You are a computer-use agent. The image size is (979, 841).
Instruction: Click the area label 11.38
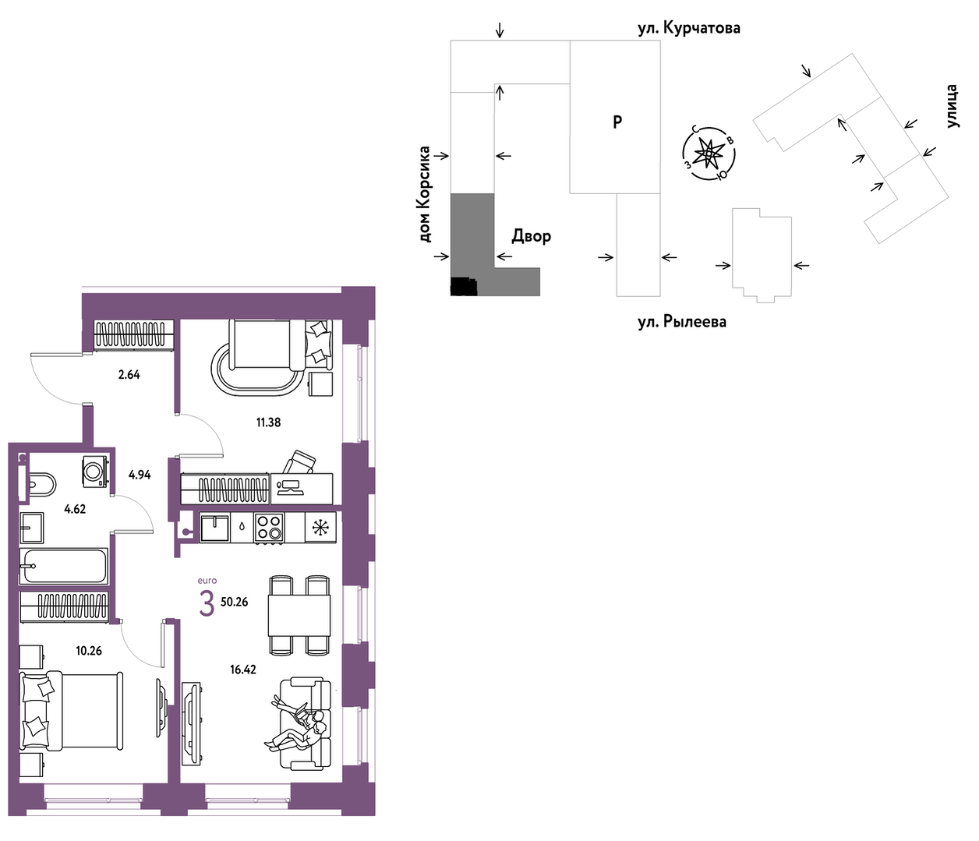[269, 422]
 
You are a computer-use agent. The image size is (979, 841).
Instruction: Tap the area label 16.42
[243, 669]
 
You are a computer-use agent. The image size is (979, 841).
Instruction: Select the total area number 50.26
[235, 602]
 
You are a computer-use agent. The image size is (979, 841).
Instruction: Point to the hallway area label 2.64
[129, 375]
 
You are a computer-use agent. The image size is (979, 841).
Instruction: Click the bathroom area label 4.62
[75, 509]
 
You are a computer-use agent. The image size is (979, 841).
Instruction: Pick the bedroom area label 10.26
[89, 651]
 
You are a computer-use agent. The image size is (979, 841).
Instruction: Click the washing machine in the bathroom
[96, 471]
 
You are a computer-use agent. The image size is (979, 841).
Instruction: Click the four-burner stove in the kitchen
[269, 527]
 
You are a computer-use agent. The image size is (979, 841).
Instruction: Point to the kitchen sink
[215, 528]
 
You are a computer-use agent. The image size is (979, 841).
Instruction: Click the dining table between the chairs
[299, 616]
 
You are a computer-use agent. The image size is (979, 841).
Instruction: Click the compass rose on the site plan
[708, 154]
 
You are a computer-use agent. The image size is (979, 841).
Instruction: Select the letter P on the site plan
[617, 122]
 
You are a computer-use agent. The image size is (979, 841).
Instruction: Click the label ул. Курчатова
[689, 28]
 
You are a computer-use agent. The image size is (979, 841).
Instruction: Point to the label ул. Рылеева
[682, 322]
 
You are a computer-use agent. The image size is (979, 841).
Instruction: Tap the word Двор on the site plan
[531, 236]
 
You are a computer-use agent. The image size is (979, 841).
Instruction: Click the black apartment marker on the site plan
[463, 287]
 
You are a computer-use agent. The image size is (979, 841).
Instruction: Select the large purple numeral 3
[207, 604]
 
